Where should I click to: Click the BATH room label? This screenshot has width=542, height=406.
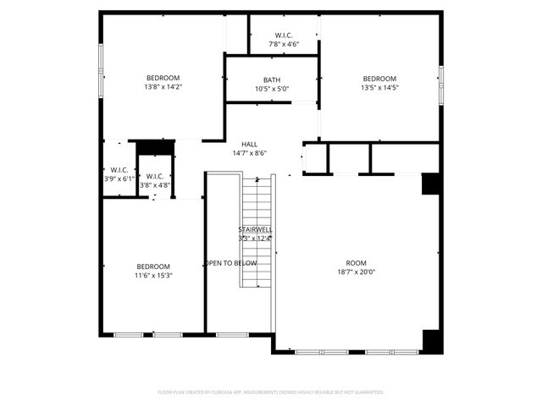coord(272,80)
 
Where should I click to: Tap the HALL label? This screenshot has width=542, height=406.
coord(250,144)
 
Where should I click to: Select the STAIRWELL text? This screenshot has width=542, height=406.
coord(255,229)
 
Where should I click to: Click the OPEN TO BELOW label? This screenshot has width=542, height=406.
coord(230,263)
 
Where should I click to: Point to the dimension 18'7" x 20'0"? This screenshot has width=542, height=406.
coord(357,272)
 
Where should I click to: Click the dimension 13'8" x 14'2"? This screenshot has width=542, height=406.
coord(163,86)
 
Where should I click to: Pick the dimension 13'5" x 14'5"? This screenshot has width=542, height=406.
coord(379,86)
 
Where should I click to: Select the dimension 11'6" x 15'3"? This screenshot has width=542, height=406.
coord(153,275)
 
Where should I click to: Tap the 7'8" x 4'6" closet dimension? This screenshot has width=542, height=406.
coord(284,43)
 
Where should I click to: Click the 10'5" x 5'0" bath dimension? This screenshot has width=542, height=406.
coord(272,89)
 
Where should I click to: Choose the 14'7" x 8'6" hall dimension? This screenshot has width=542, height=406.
coord(250,153)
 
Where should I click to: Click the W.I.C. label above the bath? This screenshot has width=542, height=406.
coord(284,35)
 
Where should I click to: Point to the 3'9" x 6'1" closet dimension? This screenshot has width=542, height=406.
coord(119,178)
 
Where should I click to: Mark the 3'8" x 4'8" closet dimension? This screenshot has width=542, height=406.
coord(155,184)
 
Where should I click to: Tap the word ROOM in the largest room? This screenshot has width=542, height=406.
coord(357,262)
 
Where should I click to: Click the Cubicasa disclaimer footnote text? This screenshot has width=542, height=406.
coord(271,392)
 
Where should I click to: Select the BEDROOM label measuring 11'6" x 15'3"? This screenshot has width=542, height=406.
coord(153,266)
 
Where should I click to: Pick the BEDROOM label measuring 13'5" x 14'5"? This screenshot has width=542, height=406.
coord(379,78)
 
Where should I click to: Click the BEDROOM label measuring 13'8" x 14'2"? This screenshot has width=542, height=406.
coord(163,78)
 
